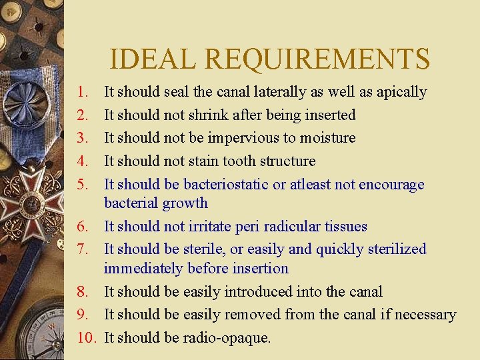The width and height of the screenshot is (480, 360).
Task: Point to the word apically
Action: [401, 92]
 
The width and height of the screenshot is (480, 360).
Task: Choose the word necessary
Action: [423, 314]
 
